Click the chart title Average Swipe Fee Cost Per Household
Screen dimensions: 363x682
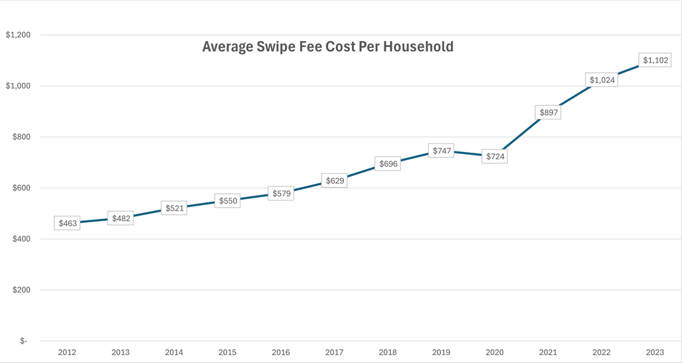click(x=327, y=46)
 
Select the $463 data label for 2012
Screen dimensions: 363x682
click(x=68, y=224)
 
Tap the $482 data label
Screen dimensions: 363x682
click(x=121, y=218)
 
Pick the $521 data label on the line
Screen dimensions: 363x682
click(x=175, y=208)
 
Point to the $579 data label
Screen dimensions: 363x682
click(x=281, y=194)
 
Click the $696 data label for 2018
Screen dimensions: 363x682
click(x=388, y=164)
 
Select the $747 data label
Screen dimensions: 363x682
click(x=442, y=151)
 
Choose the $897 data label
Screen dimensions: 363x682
click(x=549, y=113)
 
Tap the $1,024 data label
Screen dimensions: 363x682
click(x=602, y=80)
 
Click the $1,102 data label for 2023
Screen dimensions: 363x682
click(x=655, y=60)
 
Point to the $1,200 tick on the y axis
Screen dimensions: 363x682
click(x=18, y=35)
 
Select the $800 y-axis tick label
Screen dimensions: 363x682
click(x=22, y=137)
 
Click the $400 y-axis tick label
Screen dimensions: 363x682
click(x=22, y=239)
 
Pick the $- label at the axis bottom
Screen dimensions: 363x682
click(x=24, y=341)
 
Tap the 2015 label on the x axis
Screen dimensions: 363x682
click(x=228, y=352)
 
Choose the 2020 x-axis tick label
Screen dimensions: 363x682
click(x=495, y=352)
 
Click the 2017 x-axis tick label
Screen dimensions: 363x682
click(x=335, y=352)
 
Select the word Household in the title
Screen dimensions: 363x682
click(x=420, y=46)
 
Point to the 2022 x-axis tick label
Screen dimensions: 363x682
click(x=602, y=352)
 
